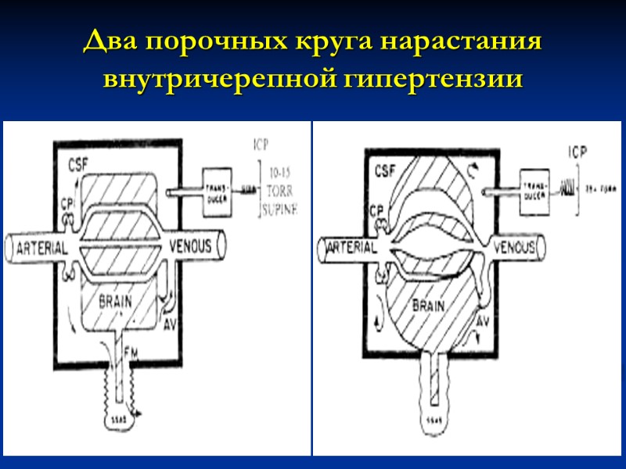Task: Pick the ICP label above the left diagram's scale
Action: pyautogui.click(x=261, y=145)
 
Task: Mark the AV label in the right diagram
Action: pyautogui.click(x=483, y=321)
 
